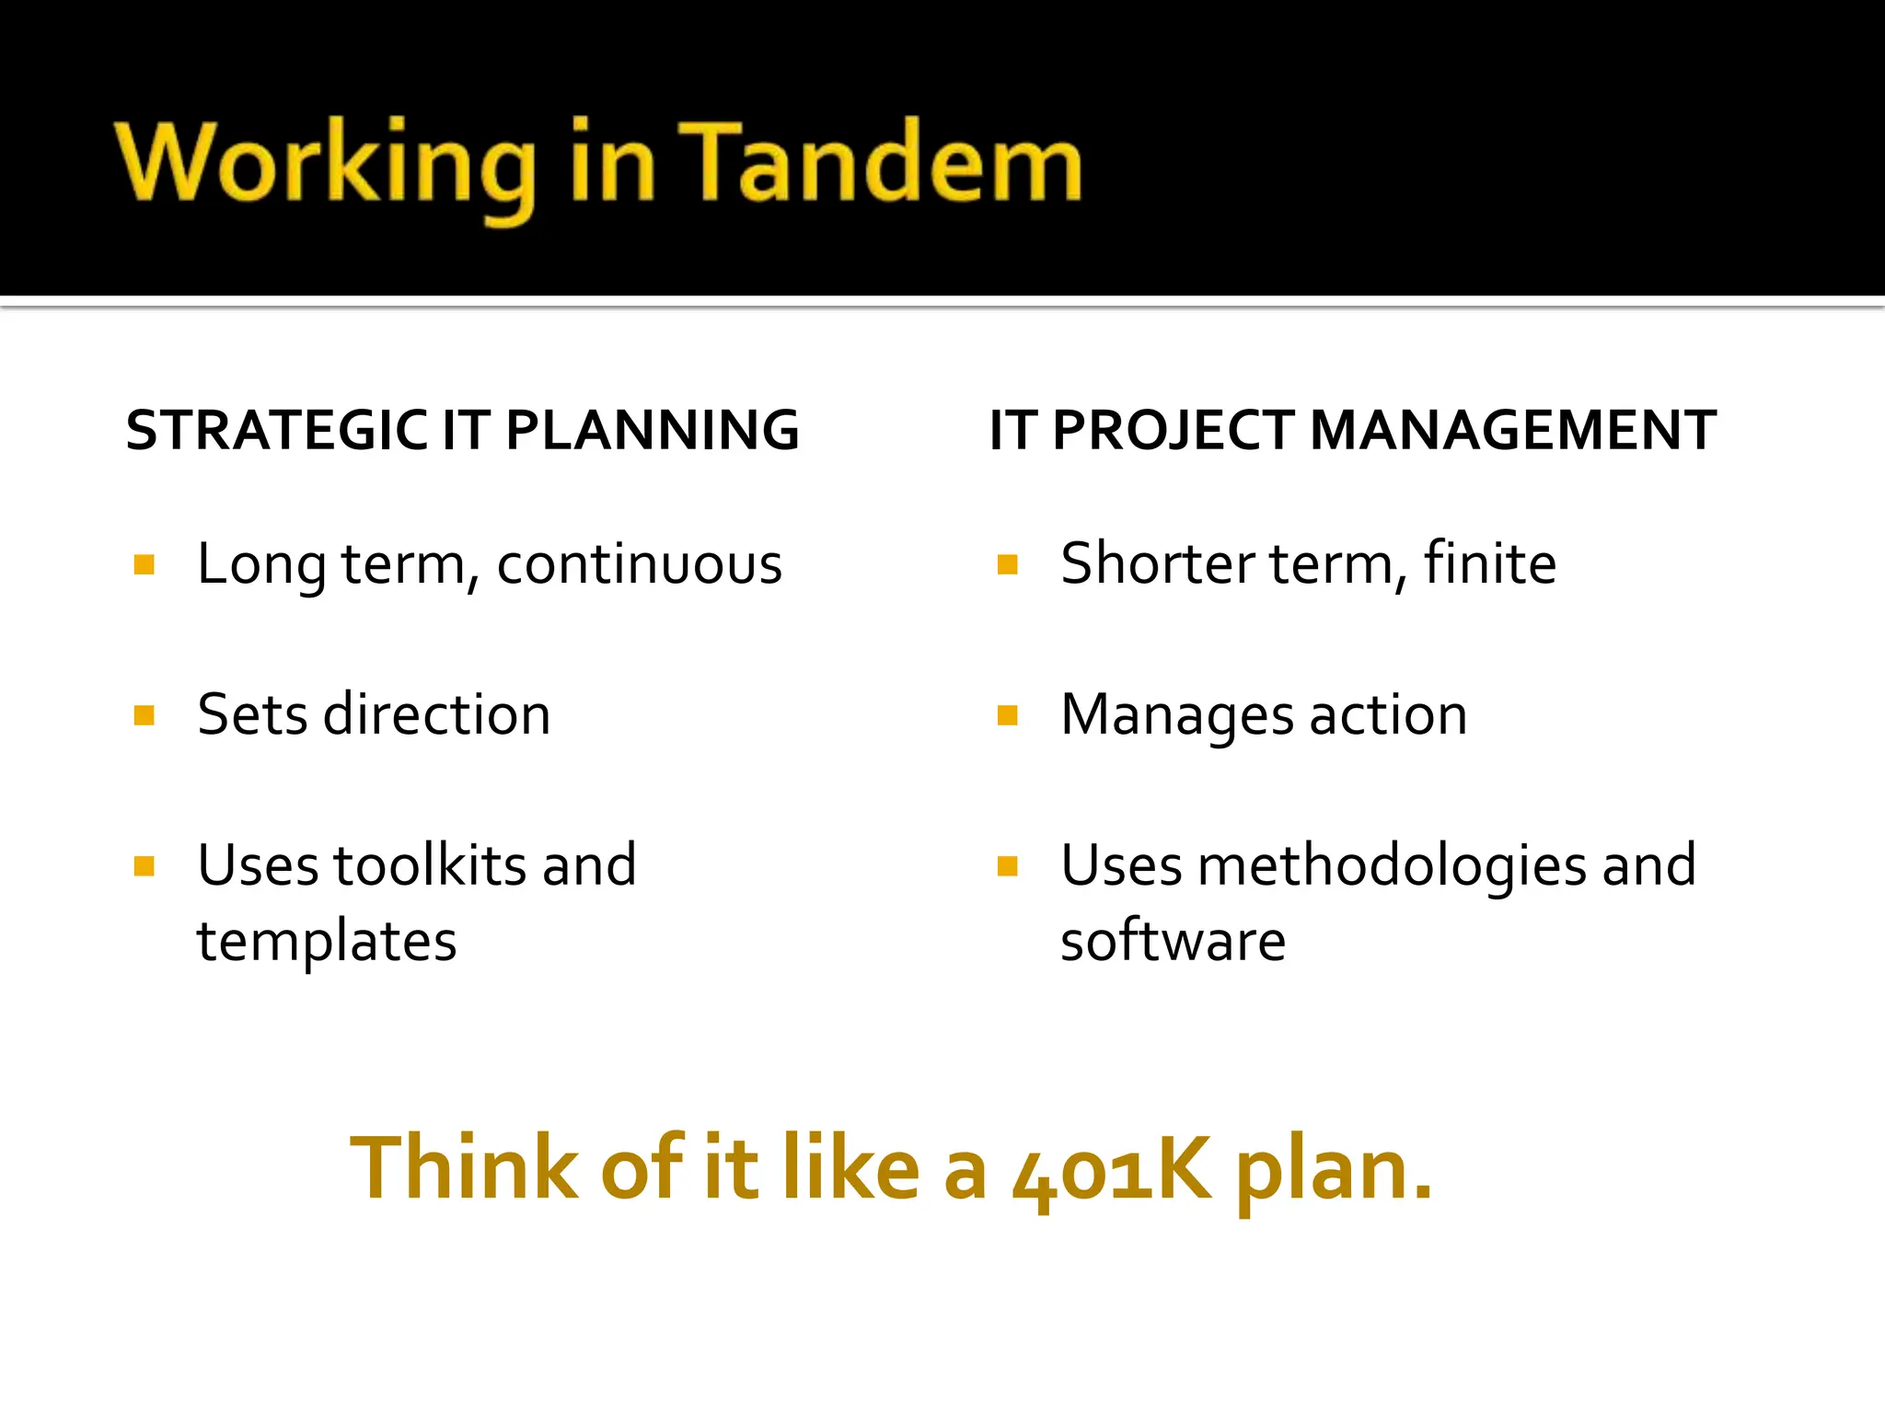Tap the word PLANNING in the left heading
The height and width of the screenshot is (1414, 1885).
tap(653, 431)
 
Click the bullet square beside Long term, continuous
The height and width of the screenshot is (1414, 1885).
tap(144, 564)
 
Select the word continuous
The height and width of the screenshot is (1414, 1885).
tap(639, 564)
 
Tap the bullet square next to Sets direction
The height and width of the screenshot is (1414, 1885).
tap(144, 715)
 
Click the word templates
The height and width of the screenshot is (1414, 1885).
tap(327, 942)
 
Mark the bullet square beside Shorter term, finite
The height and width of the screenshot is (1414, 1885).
tap(1007, 564)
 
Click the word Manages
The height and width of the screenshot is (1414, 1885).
tap(1177, 715)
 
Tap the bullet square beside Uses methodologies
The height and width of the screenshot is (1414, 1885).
tap(1007, 866)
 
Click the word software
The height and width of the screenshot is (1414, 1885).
tap(1173, 941)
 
